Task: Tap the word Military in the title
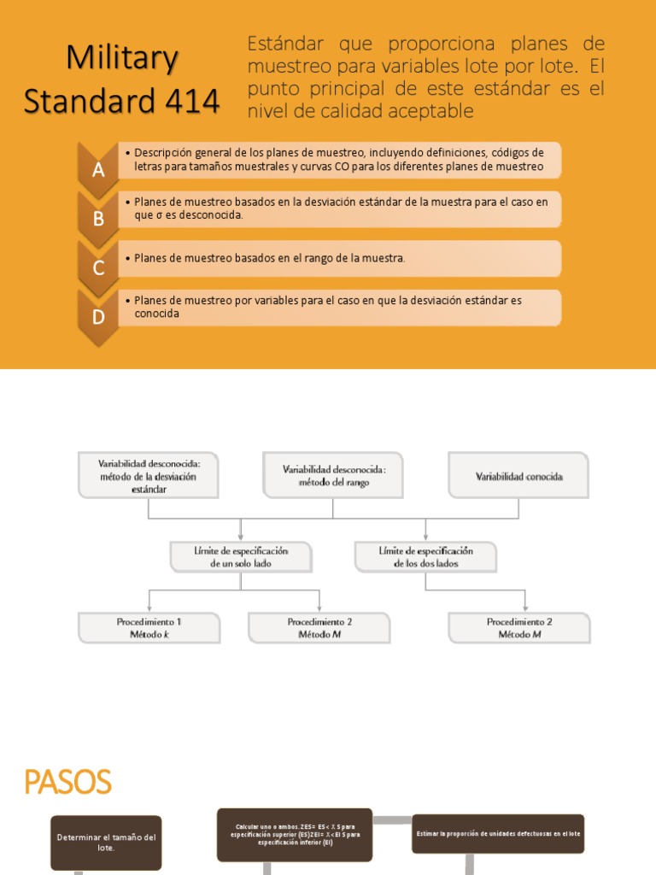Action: click(122, 58)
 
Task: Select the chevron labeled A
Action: click(98, 169)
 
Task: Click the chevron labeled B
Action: click(98, 219)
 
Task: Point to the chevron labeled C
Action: click(98, 267)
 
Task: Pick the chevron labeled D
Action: click(98, 317)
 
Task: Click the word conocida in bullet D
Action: click(158, 314)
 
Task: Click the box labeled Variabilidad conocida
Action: click(518, 476)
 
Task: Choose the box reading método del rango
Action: click(333, 475)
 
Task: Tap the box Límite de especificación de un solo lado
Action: click(240, 557)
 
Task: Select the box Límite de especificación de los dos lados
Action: click(425, 557)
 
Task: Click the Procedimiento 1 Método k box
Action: click(149, 628)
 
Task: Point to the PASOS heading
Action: click(67, 782)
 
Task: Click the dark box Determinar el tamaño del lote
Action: click(106, 843)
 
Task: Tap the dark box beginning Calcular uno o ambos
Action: click(295, 834)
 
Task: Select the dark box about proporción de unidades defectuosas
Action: click(498, 833)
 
